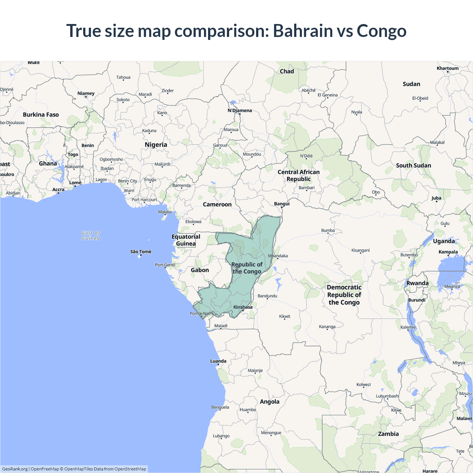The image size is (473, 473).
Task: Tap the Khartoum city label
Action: click(x=448, y=68)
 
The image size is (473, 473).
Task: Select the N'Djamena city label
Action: click(x=239, y=110)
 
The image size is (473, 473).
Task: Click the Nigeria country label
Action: click(x=156, y=145)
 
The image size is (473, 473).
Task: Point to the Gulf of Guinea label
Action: click(x=91, y=235)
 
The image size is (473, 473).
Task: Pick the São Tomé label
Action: click(x=141, y=252)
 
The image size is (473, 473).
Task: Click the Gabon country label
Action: click(x=200, y=270)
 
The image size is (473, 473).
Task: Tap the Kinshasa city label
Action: click(x=243, y=307)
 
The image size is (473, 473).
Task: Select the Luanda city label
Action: click(x=218, y=361)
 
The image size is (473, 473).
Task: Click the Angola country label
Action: click(x=270, y=402)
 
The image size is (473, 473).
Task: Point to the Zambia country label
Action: click(x=388, y=434)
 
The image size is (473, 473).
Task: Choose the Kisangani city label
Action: click(x=361, y=250)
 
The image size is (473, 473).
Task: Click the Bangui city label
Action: click(x=282, y=204)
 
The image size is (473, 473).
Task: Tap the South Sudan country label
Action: click(x=414, y=166)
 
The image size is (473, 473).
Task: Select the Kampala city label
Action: click(x=448, y=252)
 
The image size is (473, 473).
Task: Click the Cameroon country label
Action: click(x=217, y=204)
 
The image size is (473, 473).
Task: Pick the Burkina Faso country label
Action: click(x=41, y=115)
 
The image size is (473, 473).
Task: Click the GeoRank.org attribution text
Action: click(x=15, y=469)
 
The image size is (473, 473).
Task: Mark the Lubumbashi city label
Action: click(x=388, y=396)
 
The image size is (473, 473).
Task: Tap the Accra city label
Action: click(x=58, y=190)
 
